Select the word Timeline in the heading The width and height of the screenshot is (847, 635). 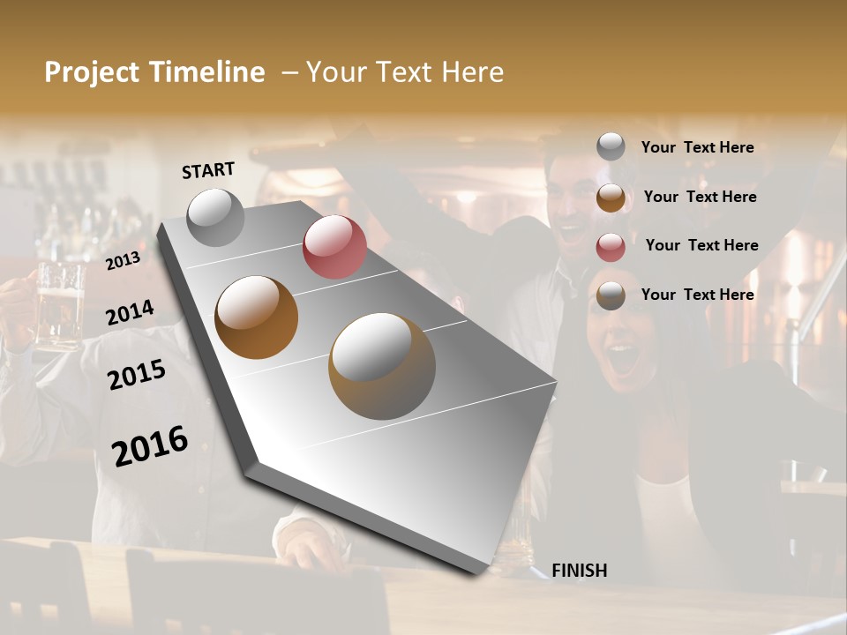tap(207, 72)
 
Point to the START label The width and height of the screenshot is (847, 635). tap(208, 170)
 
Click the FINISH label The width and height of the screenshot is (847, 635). tap(580, 571)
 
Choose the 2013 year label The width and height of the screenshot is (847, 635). tap(123, 261)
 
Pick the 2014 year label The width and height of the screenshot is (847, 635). tap(130, 313)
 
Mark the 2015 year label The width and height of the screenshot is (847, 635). tap(137, 375)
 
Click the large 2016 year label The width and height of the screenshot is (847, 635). tap(150, 446)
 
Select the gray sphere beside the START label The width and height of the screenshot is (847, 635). tap(216, 217)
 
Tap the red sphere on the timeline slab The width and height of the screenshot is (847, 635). tap(334, 247)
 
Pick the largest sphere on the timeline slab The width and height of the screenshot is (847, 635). tap(382, 365)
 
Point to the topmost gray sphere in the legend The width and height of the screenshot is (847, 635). tap(611, 147)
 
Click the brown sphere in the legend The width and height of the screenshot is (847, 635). tap(611, 198)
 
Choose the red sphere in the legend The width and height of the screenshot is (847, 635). tap(611, 247)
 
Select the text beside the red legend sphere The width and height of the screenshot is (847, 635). tap(701, 245)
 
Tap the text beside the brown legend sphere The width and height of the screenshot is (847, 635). tap(700, 197)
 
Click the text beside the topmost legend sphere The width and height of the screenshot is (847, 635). tap(697, 147)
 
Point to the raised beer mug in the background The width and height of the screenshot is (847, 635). tap(58, 304)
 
